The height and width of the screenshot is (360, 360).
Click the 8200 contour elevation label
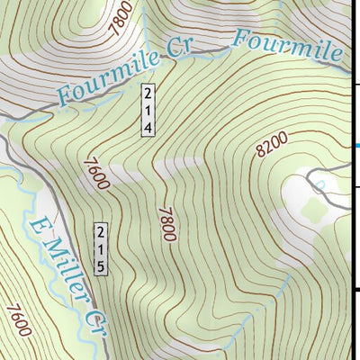pos(270,144)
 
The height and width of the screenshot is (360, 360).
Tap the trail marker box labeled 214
pos(148,110)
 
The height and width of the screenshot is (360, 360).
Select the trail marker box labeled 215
pos(102,248)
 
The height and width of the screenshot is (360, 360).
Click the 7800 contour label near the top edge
pos(126,17)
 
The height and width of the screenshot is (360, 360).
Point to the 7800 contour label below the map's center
pos(166,220)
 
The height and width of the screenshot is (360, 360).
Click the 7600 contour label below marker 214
pos(94,172)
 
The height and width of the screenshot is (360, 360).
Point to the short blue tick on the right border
pos(355,145)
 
